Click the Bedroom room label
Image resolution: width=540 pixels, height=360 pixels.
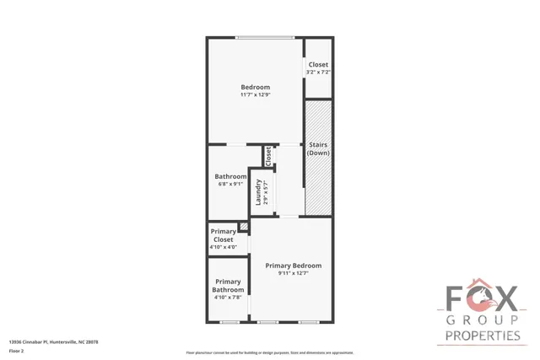[255, 88]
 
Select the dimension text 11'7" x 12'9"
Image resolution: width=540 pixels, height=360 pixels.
[255, 95]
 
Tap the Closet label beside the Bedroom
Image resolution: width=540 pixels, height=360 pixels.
[318, 65]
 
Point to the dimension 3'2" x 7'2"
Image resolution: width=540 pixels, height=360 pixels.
[318, 73]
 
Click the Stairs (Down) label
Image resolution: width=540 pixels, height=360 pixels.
[318, 149]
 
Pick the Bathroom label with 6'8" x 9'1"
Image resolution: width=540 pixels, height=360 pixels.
[230, 176]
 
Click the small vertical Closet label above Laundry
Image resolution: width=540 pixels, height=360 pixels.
[268, 156]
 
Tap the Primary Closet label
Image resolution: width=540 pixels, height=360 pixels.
[224, 235]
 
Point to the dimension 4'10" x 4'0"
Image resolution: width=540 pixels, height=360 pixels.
[224, 248]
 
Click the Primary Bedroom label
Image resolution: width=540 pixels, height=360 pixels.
[293, 266]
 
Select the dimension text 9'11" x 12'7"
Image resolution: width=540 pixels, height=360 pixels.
[293, 273]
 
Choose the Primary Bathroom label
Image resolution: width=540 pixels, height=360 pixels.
[228, 286]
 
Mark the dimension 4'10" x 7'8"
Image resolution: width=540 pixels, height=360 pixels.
[228, 298]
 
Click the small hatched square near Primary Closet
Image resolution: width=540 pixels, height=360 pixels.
[243, 226]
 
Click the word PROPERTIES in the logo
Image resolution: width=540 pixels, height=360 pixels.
[482, 336]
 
